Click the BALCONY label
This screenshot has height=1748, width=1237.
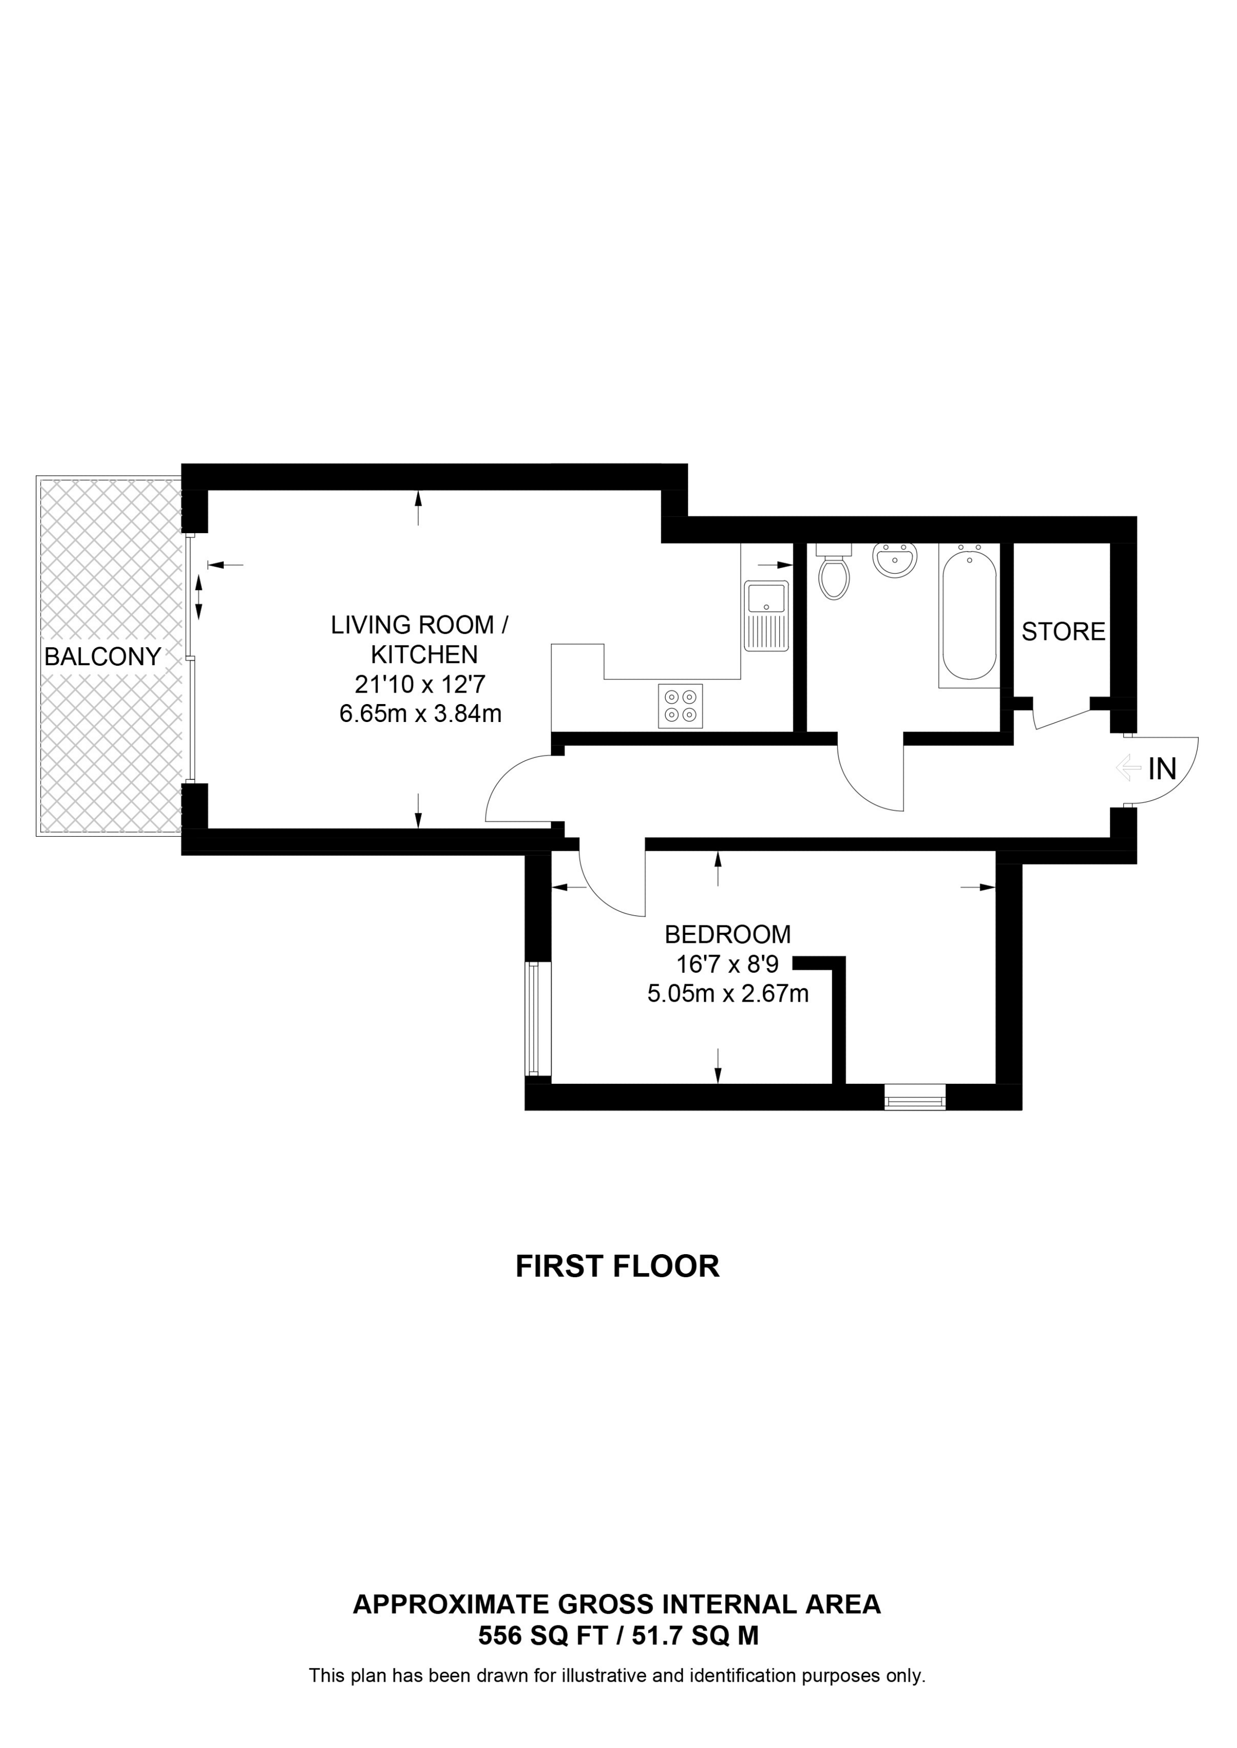[x=102, y=656]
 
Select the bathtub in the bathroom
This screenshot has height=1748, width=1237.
[x=969, y=616]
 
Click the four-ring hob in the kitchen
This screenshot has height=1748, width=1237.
[x=680, y=706]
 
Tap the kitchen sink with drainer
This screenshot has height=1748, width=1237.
[x=767, y=615]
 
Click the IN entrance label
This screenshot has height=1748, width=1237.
[x=1162, y=769]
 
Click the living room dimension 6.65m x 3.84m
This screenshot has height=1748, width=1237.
[x=421, y=714]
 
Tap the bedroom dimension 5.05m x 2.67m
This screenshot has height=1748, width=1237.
[x=728, y=993]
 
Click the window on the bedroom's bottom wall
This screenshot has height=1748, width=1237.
[x=914, y=1098]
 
